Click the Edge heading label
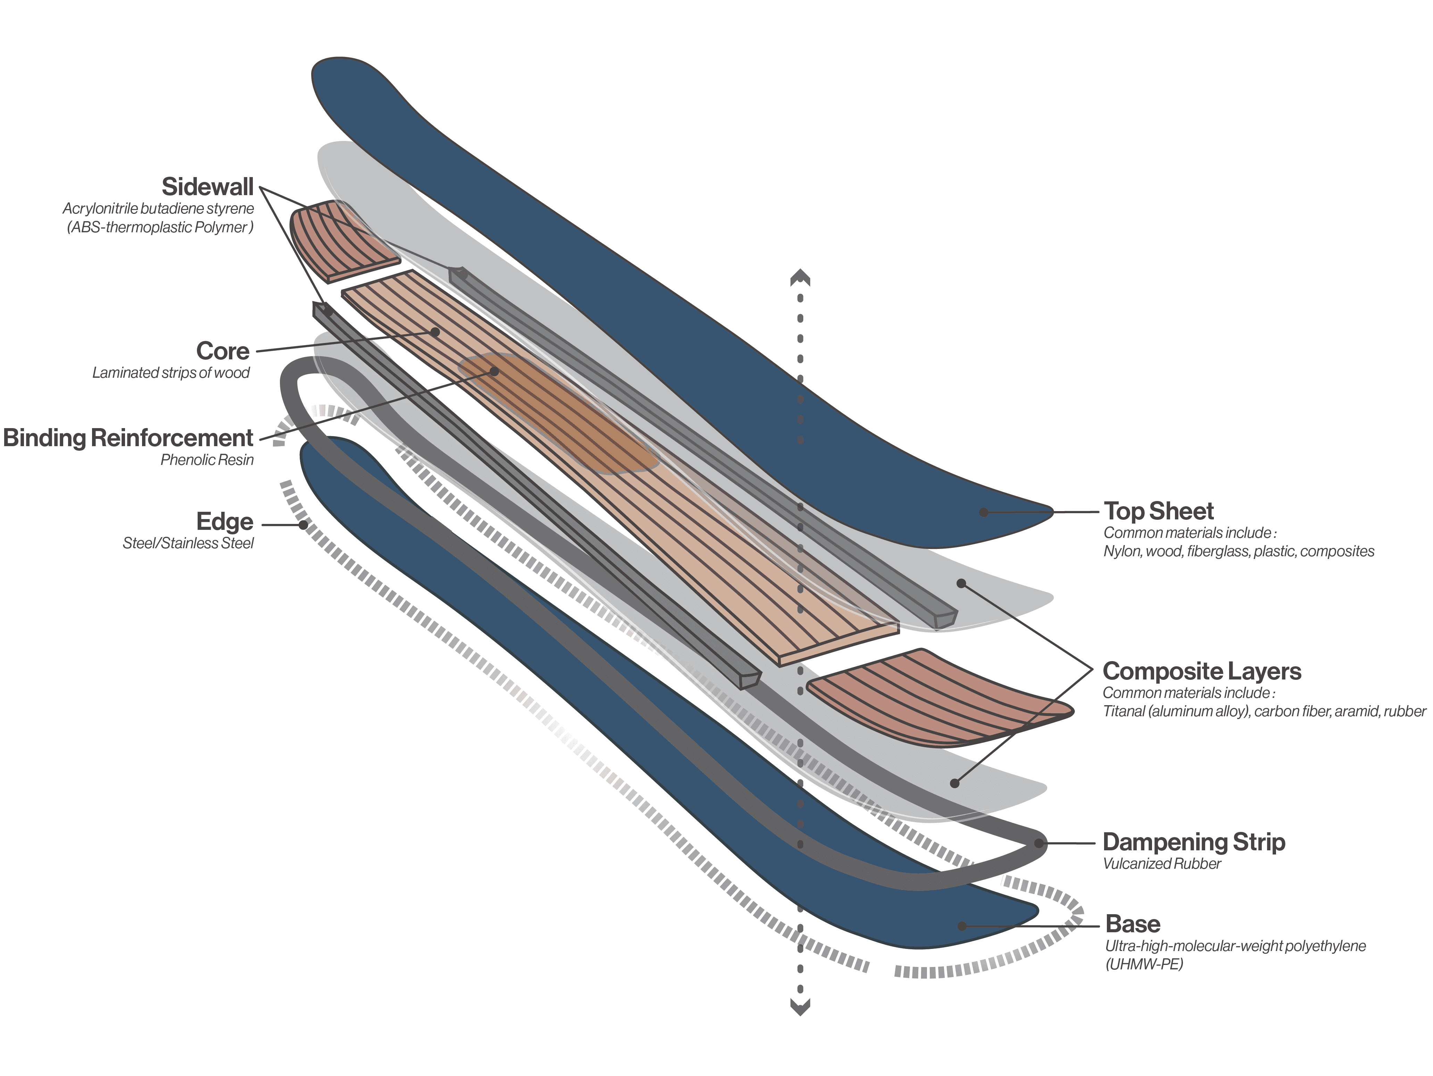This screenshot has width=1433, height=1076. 224,522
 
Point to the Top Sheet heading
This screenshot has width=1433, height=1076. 1158,511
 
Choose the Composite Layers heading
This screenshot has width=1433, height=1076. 1202,671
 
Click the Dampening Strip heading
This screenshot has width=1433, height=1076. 1193,842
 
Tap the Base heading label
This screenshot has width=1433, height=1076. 1133,924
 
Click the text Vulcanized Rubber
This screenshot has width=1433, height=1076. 1161,864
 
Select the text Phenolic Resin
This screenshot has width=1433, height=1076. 207,460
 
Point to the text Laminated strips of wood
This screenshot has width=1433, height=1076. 171,373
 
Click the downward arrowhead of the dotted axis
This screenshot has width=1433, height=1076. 800,1007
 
